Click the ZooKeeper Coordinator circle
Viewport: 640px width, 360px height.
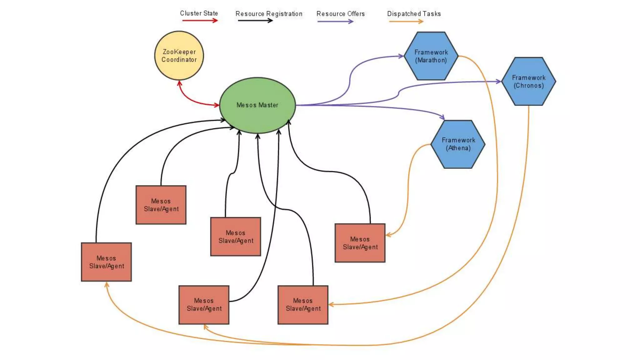[x=179, y=56]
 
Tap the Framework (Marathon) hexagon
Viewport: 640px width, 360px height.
[x=431, y=56]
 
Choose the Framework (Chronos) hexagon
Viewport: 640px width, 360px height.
[x=528, y=82]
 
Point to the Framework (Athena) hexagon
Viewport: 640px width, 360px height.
[x=458, y=144]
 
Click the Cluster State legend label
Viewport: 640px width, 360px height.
[x=199, y=13]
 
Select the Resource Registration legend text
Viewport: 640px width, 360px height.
[x=269, y=14]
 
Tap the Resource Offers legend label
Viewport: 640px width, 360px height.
[x=340, y=14]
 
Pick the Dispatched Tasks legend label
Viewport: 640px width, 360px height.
[x=414, y=14]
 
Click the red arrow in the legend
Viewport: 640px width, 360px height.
[x=200, y=21]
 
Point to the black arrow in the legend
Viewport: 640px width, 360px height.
[x=255, y=21]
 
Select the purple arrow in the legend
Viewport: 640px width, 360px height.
[x=335, y=22]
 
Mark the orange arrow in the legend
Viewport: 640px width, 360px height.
[x=406, y=22]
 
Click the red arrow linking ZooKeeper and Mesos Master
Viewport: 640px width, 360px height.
[x=191, y=99]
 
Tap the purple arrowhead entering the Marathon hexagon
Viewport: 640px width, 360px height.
[x=401, y=56]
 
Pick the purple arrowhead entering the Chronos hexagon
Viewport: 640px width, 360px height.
[x=498, y=82]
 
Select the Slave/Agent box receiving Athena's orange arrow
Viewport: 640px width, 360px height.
[x=360, y=243]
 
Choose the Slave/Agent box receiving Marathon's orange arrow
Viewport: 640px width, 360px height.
[x=302, y=305]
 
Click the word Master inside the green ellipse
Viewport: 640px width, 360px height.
[x=268, y=105]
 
